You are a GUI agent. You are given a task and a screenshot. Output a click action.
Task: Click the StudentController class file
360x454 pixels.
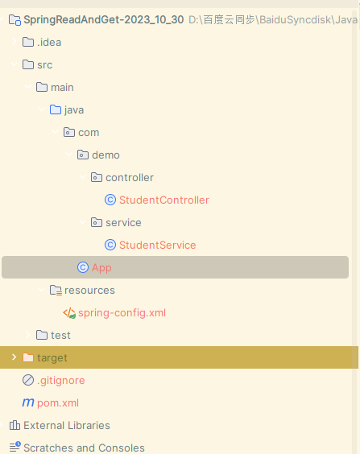(x=164, y=200)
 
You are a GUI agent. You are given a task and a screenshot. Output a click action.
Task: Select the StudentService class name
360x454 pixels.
(x=158, y=246)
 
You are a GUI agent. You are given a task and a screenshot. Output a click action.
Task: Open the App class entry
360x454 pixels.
(x=101, y=268)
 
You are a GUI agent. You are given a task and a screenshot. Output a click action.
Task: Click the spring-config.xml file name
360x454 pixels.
(x=122, y=313)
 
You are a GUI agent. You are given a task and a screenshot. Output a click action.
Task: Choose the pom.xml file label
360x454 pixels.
(x=58, y=403)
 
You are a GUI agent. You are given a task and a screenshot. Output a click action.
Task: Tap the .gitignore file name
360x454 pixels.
(x=61, y=381)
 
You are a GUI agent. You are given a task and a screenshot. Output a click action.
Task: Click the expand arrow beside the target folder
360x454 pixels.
(x=14, y=357)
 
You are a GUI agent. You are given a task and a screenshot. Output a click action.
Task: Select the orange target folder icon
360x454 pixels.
(x=28, y=357)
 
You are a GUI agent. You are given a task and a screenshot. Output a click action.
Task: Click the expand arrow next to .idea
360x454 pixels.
(x=14, y=42)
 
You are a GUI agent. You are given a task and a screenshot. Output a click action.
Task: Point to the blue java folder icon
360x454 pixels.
(x=56, y=109)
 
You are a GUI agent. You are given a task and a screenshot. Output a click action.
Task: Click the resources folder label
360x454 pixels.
(x=89, y=291)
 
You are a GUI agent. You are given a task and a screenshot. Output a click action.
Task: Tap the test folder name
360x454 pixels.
(x=60, y=336)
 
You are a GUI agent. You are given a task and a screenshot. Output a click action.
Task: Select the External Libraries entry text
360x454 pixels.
(x=67, y=425)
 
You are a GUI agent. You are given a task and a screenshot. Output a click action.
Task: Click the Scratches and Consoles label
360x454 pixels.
(x=84, y=448)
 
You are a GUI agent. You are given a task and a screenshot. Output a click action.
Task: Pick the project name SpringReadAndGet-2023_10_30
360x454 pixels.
(x=104, y=19)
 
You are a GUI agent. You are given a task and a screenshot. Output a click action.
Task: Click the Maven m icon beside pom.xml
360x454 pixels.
(x=28, y=402)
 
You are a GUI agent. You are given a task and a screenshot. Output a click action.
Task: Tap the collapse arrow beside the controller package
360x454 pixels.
(x=82, y=177)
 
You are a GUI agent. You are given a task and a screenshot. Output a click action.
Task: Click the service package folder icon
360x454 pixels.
(x=97, y=222)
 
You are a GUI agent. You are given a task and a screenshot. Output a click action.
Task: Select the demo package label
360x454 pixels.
(x=106, y=155)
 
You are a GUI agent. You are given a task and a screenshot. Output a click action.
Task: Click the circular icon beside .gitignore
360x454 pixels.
(x=28, y=380)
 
